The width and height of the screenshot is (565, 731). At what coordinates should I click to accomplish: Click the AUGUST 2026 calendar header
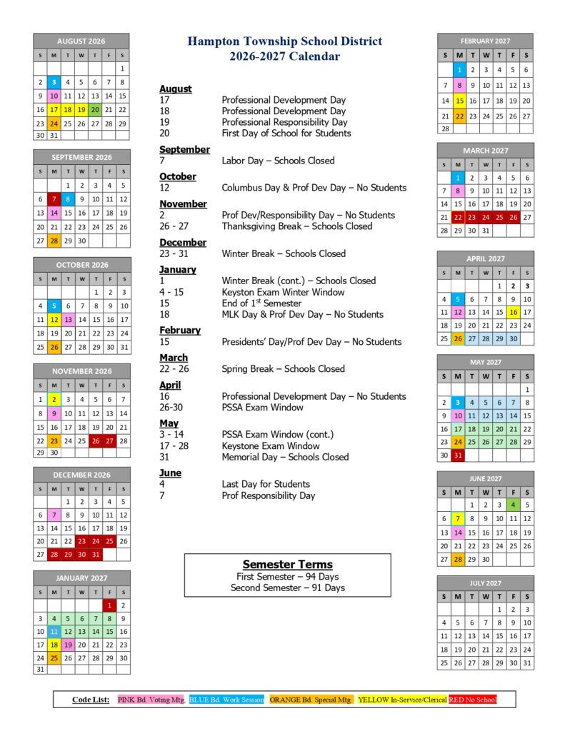click(81, 41)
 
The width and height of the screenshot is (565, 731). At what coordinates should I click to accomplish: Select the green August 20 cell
click(95, 109)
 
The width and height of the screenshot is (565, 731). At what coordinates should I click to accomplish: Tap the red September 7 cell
click(54, 199)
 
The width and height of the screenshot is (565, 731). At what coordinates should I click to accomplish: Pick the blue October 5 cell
click(54, 306)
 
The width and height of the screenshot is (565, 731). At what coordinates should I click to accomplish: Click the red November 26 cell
click(95, 440)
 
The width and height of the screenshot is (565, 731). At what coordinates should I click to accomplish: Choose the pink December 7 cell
click(54, 515)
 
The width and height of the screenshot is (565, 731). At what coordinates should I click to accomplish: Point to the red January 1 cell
click(109, 605)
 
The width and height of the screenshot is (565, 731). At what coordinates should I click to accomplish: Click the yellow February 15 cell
click(460, 101)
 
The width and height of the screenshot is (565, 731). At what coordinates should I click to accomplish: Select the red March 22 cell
click(459, 217)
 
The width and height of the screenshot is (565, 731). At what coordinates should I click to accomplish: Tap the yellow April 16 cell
click(513, 312)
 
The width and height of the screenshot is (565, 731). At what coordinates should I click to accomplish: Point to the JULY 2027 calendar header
click(485, 583)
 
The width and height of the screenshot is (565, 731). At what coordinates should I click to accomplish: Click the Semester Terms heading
click(287, 564)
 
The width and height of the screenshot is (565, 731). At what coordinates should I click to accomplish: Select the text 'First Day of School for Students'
click(286, 133)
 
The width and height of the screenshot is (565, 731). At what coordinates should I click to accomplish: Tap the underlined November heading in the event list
click(183, 204)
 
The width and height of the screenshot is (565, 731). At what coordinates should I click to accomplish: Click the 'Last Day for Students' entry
click(266, 484)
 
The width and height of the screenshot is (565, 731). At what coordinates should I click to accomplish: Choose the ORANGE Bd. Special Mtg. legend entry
click(311, 700)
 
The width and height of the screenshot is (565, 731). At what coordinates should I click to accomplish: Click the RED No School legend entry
click(472, 700)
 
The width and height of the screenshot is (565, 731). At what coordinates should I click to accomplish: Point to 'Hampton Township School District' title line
click(285, 42)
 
